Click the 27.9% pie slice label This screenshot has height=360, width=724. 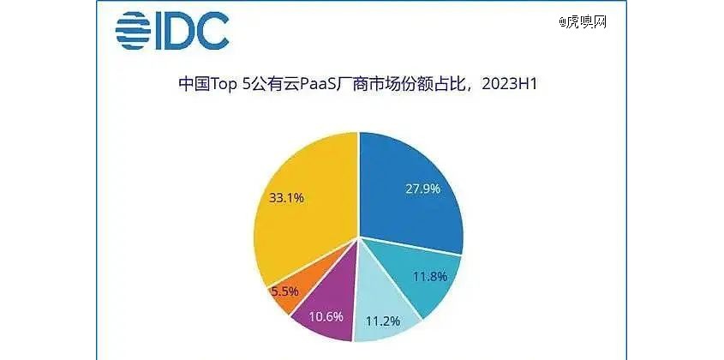422,189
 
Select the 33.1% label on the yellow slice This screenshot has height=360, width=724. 285,198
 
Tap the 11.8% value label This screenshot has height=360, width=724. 429,277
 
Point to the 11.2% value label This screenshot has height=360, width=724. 382,321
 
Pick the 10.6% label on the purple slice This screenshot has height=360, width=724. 326,316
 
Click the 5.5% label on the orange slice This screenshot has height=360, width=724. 285,291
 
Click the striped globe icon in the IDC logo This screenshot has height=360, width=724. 133,31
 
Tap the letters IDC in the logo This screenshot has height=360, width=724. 192,31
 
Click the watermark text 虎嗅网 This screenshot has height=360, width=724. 586,21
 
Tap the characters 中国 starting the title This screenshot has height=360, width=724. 194,85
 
